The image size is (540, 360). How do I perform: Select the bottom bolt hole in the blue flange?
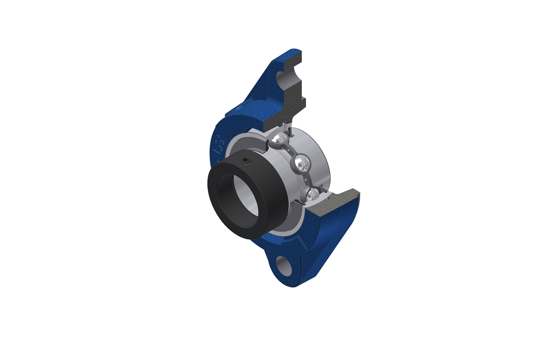(x=283, y=264)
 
